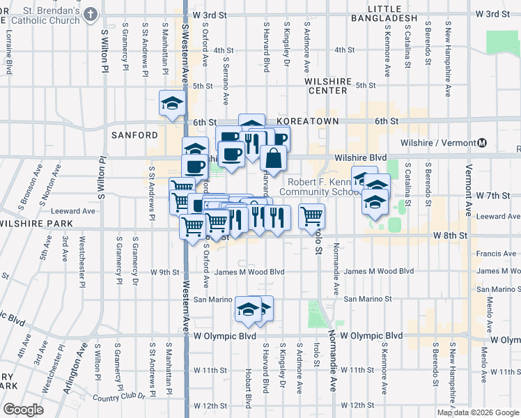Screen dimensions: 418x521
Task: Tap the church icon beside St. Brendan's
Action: pyautogui.click(x=91, y=15)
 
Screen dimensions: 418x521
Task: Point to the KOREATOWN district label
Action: pyautogui.click(x=307, y=121)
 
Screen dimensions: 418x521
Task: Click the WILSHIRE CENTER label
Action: pyautogui.click(x=326, y=86)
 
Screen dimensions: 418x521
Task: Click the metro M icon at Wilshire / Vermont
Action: pyautogui.click(x=482, y=143)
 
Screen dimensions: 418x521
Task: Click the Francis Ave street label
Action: pyautogui.click(x=496, y=255)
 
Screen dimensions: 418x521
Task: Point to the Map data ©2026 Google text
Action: pyautogui.click(x=478, y=412)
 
